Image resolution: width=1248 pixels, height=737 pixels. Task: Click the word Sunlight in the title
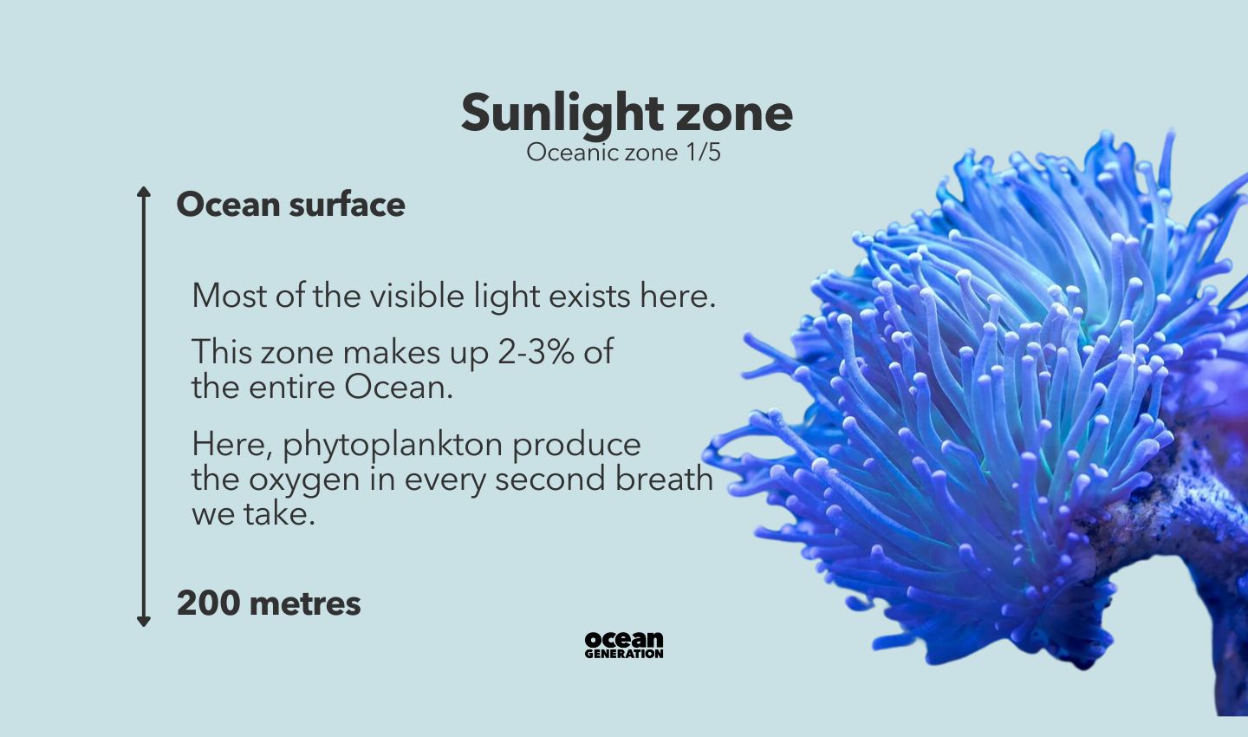(x=562, y=114)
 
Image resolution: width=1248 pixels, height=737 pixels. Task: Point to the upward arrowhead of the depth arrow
(x=144, y=192)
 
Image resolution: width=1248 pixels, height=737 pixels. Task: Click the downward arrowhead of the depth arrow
(x=144, y=621)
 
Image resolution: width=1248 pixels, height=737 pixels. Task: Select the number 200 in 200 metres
(x=208, y=603)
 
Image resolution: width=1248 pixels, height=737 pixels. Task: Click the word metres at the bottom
(x=305, y=603)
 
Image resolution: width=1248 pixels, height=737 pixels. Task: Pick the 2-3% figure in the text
(x=536, y=352)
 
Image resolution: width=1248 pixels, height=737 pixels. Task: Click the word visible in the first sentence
(x=417, y=296)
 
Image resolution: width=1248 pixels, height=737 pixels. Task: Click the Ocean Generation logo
(x=624, y=644)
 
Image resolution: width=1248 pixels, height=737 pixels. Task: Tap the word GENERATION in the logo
(x=624, y=654)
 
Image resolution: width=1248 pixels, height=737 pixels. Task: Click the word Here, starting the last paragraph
(x=231, y=445)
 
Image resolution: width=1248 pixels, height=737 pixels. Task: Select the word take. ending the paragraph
(x=279, y=513)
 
